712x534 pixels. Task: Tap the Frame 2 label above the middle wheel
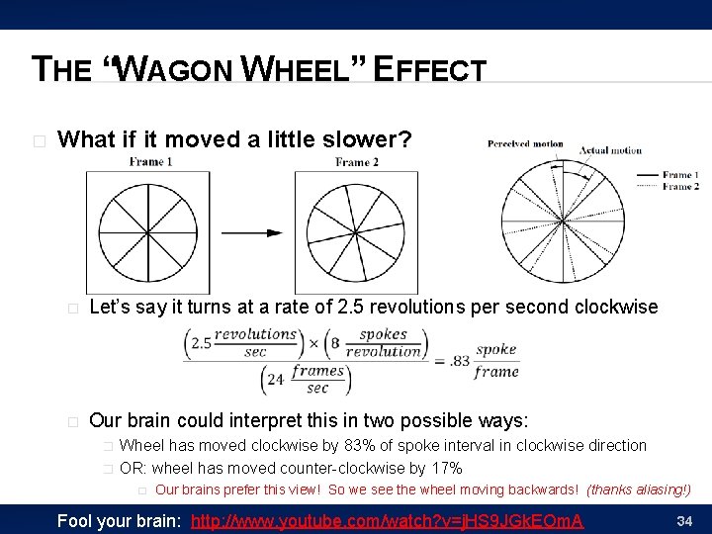click(357, 162)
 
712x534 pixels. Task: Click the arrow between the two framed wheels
click(261, 233)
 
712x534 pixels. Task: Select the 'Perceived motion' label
click(524, 144)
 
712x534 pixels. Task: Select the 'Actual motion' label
click(610, 151)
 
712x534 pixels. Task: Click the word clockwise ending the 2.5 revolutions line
click(619, 307)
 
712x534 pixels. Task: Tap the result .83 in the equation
click(459, 362)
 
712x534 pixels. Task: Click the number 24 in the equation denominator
click(275, 379)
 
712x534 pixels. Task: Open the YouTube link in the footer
click(387, 521)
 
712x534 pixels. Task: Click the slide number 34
click(682, 521)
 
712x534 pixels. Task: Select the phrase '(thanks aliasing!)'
click(639, 489)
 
